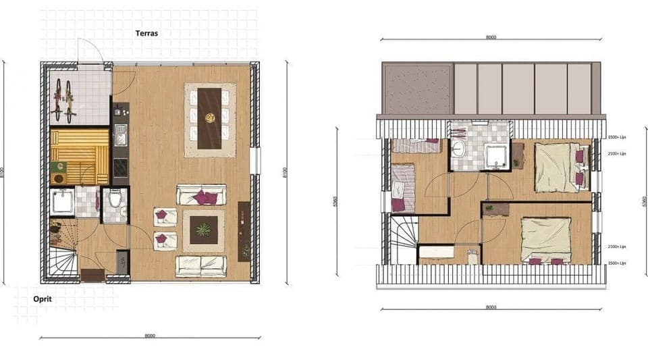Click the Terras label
coord(147,33)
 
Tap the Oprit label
coord(43,298)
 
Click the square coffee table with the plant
coord(203,230)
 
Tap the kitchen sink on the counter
coord(119,134)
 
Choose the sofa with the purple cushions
coord(201,195)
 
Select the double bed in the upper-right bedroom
coord(559,166)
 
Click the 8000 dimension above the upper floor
coord(491,37)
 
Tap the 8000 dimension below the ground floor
coord(150,335)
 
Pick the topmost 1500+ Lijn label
coord(616,137)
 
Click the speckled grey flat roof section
coord(416,90)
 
